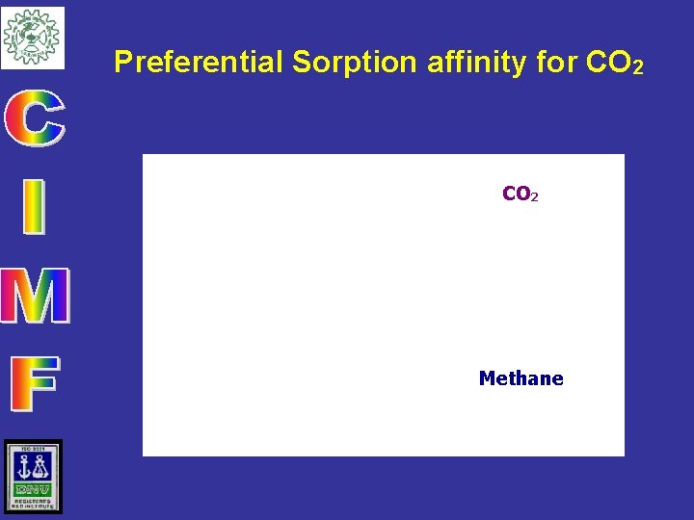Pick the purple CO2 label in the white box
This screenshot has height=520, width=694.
tap(520, 195)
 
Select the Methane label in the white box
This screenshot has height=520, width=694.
tap(520, 378)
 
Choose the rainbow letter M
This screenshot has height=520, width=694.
tap(35, 296)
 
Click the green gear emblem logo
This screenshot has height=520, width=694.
tap(32, 38)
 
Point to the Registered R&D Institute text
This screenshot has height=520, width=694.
tap(33, 504)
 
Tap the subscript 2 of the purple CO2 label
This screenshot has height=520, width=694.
tap(534, 197)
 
